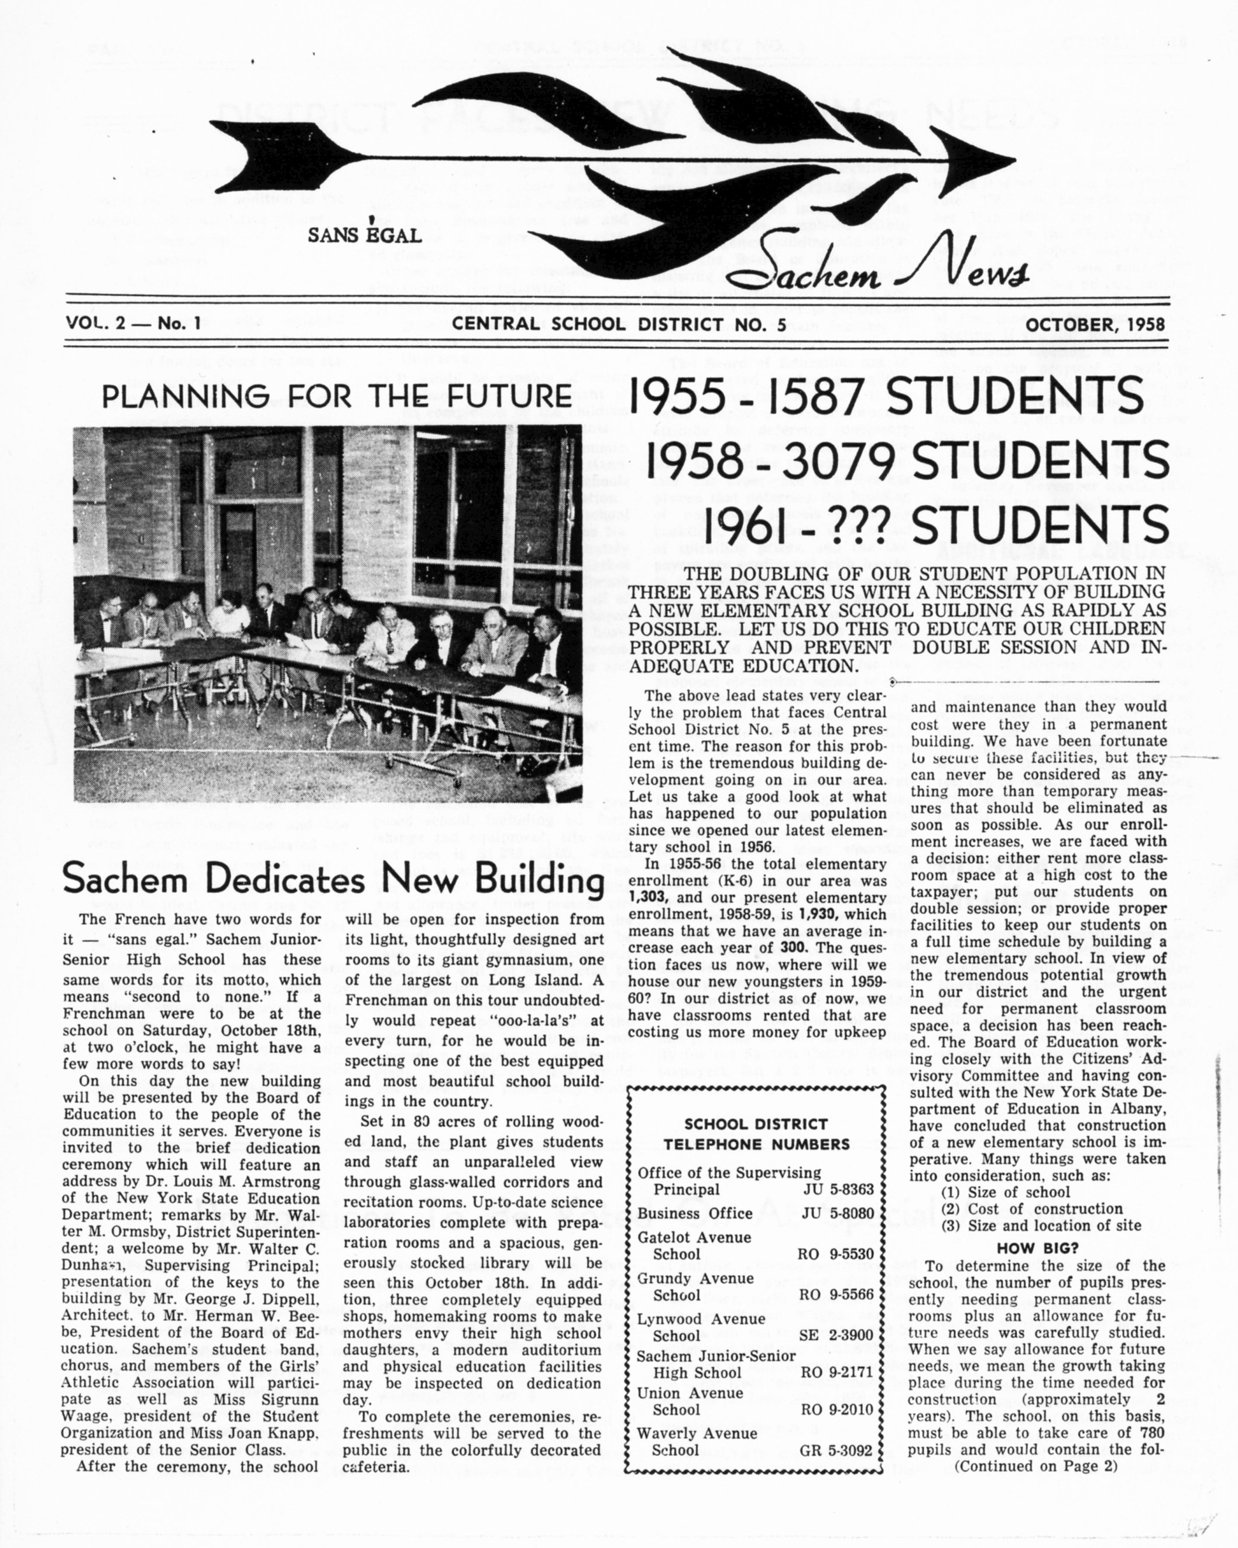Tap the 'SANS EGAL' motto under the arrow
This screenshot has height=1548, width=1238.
click(364, 234)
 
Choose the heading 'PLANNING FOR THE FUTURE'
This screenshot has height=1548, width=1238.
click(337, 396)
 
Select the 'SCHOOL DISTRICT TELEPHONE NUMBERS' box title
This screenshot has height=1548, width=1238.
click(756, 1134)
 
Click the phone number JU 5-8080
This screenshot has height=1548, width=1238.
click(837, 1213)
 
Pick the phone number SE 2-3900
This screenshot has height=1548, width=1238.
click(836, 1335)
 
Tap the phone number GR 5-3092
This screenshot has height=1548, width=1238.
click(836, 1450)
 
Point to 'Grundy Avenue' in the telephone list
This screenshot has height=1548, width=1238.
click(695, 1278)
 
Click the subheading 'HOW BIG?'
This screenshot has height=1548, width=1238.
click(1038, 1248)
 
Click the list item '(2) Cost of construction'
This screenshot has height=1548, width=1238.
click(1032, 1209)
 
